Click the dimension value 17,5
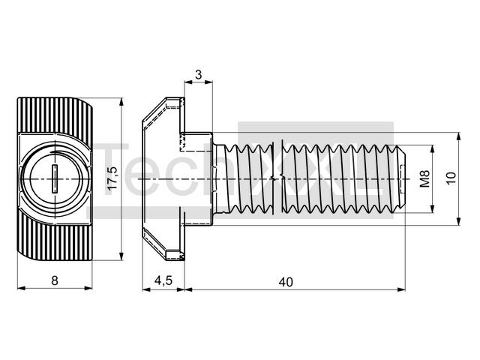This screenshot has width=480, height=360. click(112, 178)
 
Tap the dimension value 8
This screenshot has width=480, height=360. click(55, 280)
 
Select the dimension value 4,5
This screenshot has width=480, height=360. click(163, 280)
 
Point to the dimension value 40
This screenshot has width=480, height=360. click(286, 282)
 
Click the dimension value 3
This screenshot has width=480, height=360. click(199, 74)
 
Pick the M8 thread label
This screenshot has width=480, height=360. click(424, 178)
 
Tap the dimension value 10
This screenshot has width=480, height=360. click(451, 178)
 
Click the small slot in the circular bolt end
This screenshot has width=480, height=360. click(55, 178)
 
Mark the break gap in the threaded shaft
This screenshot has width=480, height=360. click(277, 178)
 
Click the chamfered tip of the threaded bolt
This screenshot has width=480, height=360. click(402, 178)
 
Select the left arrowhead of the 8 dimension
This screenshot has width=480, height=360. click(22, 288)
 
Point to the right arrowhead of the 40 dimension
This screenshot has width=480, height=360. click(401, 289)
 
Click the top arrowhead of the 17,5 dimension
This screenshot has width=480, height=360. click(121, 102)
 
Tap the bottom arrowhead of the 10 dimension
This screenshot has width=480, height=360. click(458, 221)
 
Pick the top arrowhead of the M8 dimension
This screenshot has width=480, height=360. click(433, 149)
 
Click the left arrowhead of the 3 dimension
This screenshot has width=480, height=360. click(188, 82)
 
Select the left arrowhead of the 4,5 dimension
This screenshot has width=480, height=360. click(147, 289)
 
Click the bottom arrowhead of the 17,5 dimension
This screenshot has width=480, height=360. click(121, 256)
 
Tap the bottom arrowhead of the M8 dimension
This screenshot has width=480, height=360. click(433, 208)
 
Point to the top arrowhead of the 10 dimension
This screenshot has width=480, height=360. click(458, 136)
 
